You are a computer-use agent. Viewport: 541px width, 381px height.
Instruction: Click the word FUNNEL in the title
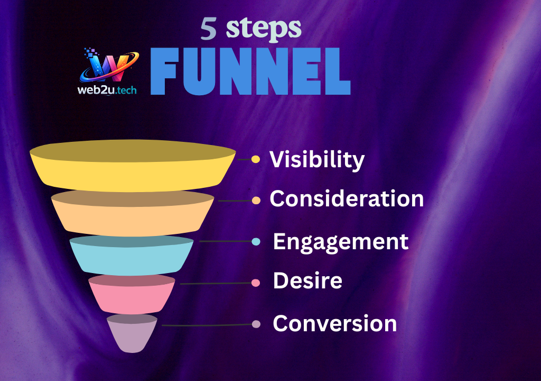[x=250, y=71]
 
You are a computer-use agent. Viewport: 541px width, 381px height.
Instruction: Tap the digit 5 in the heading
[x=209, y=29]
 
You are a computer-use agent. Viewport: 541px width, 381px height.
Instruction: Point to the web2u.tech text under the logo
[x=107, y=90]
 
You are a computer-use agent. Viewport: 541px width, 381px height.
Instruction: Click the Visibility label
[x=317, y=160]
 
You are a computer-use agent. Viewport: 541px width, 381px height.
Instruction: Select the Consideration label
[x=347, y=199]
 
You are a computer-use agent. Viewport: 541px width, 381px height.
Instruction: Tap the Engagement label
[x=341, y=242]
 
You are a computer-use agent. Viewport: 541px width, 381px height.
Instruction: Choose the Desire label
[x=308, y=280]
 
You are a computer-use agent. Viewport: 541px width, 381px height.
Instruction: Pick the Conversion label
[x=335, y=324]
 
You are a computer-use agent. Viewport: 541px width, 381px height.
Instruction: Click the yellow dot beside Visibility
[x=256, y=159]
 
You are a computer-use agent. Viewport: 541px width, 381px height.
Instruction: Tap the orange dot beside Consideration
[x=256, y=201]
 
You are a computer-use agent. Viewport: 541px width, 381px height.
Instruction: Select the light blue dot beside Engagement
[x=256, y=242]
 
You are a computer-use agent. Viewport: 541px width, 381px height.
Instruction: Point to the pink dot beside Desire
[x=256, y=283]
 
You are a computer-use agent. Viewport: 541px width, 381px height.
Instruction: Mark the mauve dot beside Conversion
[x=256, y=324]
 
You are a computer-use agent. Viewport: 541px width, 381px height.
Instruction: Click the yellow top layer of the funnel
[x=133, y=166]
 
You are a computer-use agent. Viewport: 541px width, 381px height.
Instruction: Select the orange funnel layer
[x=133, y=213]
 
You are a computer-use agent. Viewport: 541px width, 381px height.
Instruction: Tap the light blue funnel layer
[x=132, y=256]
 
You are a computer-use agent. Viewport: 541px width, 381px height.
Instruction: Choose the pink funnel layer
[x=132, y=294]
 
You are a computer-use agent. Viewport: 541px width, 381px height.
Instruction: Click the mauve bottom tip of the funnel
[x=132, y=333]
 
